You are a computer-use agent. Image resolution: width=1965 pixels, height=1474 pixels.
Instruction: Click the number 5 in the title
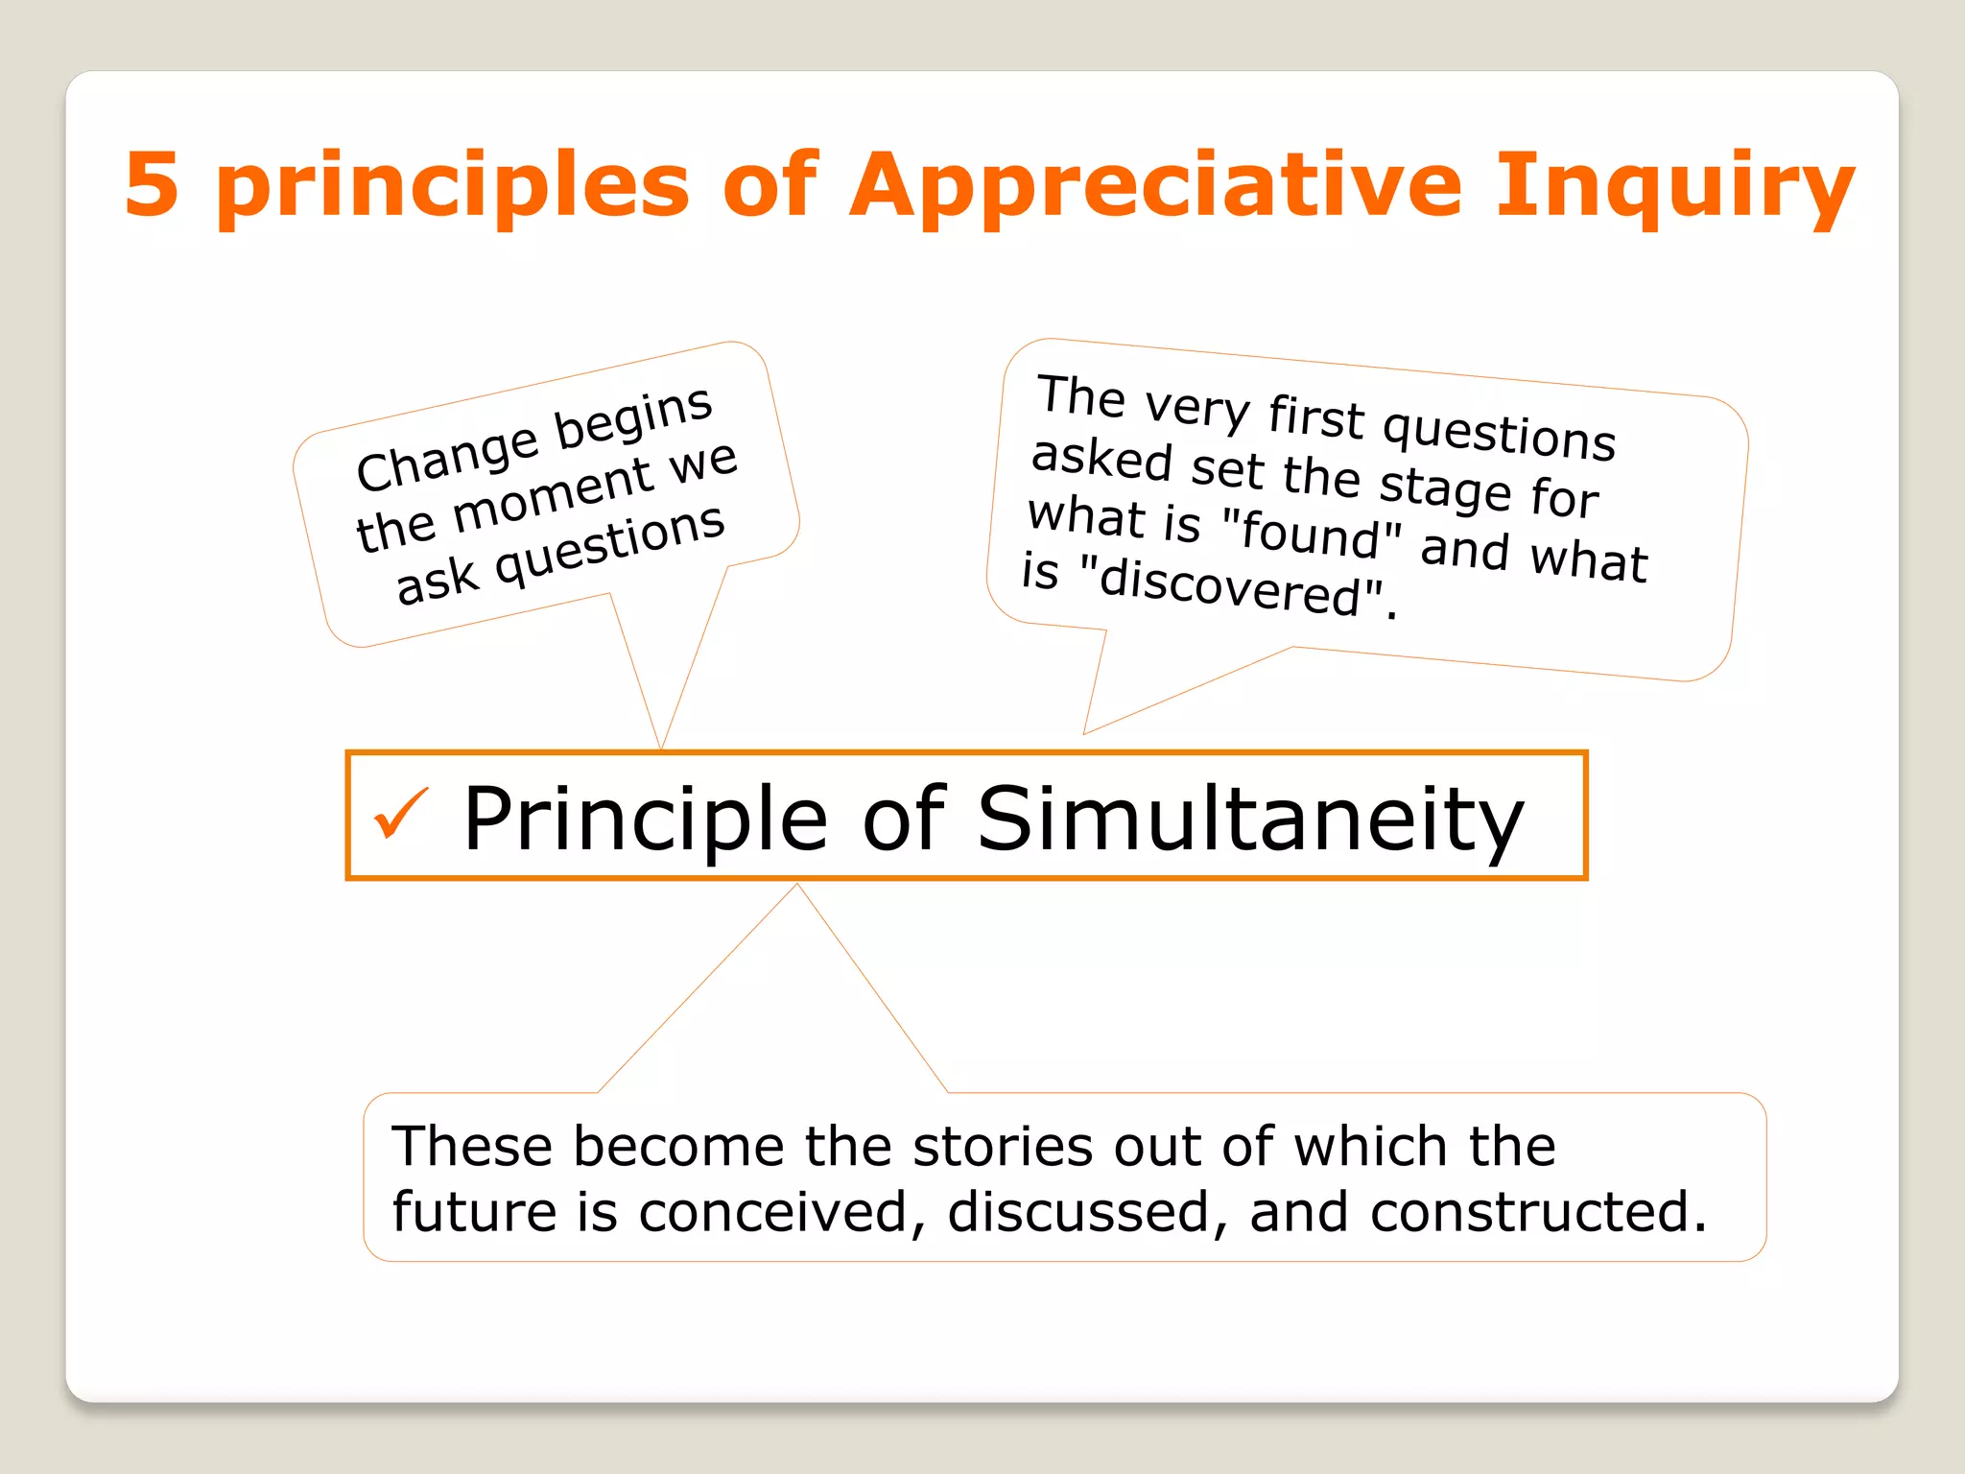coord(152,184)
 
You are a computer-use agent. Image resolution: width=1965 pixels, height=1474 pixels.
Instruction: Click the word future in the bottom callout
coord(475,1211)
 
